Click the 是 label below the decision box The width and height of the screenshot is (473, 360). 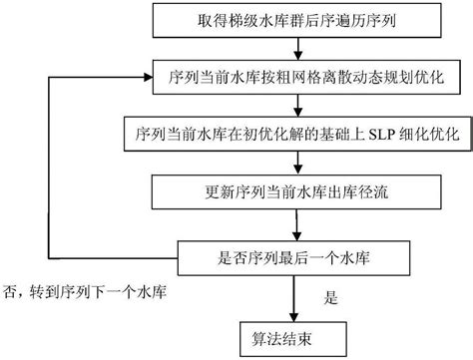[332, 297]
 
